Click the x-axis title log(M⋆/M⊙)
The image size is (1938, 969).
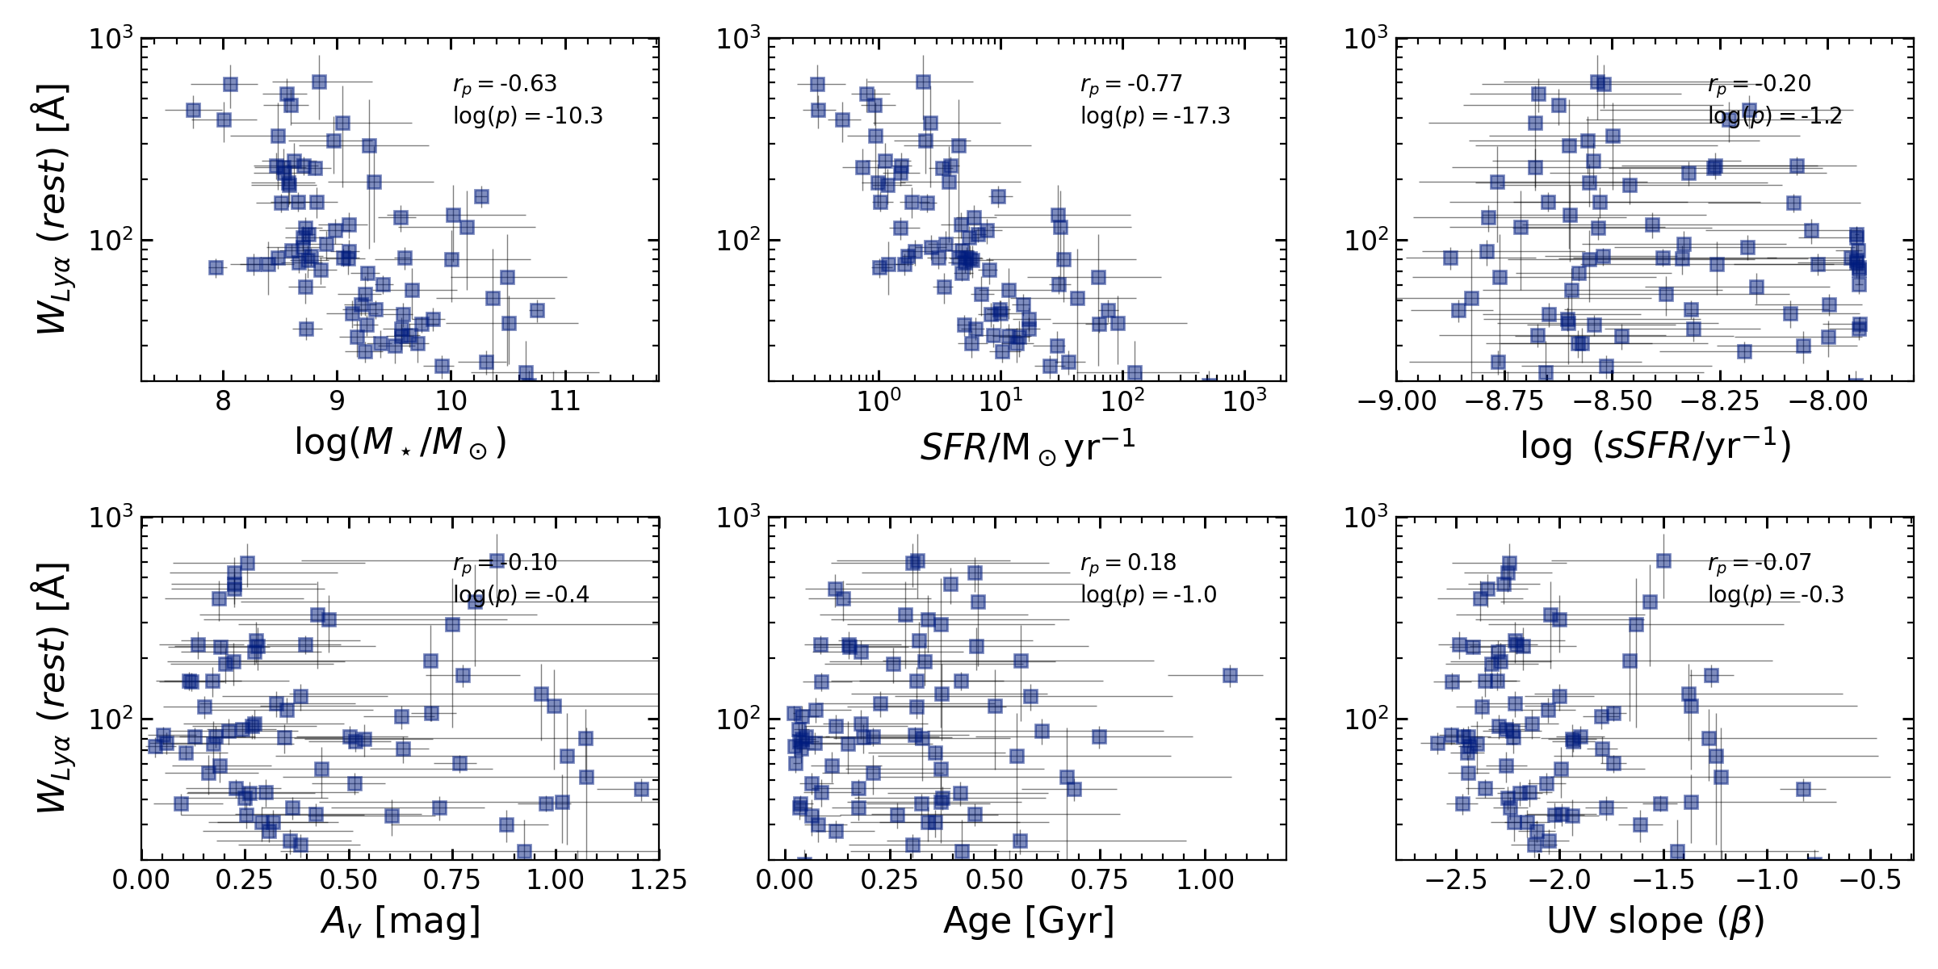pos(401,443)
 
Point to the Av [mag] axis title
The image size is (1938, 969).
pos(401,921)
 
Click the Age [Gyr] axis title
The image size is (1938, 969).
pos(1028,921)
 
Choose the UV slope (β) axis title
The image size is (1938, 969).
pos(1655,921)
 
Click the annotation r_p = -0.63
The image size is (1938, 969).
pos(505,84)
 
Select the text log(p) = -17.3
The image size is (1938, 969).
pos(1156,116)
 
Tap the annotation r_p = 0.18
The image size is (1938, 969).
pos(1128,563)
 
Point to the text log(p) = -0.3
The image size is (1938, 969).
pos(1776,595)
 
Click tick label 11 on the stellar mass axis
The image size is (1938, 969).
pos(564,401)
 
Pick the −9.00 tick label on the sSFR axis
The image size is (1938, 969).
pos(1397,401)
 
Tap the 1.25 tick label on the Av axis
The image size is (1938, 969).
pos(658,880)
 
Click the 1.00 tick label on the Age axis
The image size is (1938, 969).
pos(1205,880)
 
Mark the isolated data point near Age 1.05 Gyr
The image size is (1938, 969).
pos(1230,675)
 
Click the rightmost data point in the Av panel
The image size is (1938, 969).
pos(642,789)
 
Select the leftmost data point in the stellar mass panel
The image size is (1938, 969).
pos(193,110)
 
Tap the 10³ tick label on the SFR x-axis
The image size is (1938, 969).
pos(1244,401)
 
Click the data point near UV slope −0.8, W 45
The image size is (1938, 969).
pos(1803,789)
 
